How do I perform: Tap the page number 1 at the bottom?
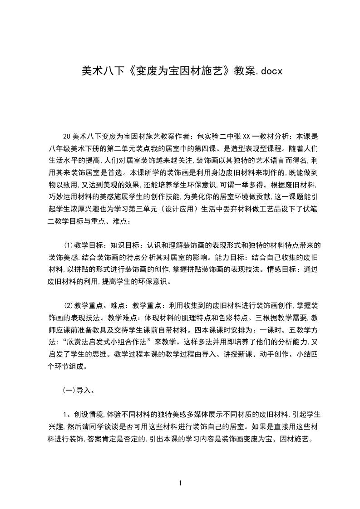click(x=180, y=484)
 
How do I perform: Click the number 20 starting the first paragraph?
click(x=66, y=136)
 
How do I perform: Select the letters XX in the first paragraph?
click(x=247, y=136)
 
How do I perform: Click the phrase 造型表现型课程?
click(x=260, y=148)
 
